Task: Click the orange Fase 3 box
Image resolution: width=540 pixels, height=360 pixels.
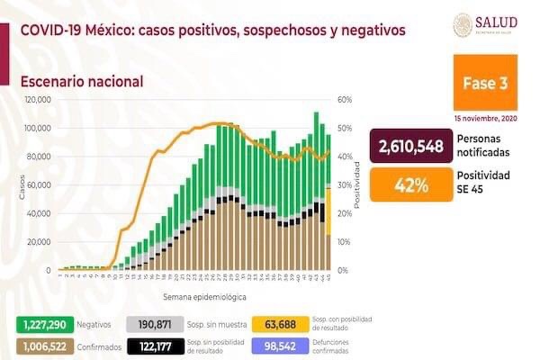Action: coord(485,84)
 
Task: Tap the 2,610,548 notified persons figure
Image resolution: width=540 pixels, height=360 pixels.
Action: coord(409,146)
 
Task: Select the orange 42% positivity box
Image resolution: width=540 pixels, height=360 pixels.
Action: coord(409,185)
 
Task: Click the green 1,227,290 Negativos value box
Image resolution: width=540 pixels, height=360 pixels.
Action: coord(43,322)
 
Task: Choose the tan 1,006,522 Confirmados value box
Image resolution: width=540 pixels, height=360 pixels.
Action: coord(43,345)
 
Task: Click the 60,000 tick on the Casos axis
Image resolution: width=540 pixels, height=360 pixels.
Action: coord(40,185)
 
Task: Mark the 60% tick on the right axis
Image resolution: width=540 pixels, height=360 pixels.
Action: coord(344,100)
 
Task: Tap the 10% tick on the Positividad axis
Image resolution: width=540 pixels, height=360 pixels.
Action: coord(344,242)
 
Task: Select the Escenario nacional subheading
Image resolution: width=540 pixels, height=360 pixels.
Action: coord(81,81)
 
